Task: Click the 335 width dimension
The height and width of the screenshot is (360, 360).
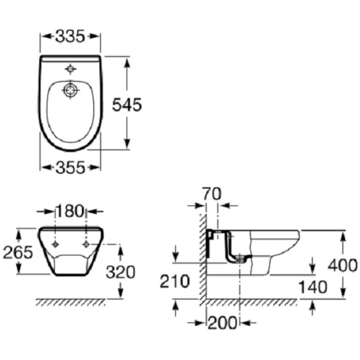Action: [x=70, y=36]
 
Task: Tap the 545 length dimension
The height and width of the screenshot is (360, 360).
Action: [x=127, y=105]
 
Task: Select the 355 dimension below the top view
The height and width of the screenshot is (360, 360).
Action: [x=70, y=167]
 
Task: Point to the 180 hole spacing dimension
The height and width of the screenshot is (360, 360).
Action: [x=70, y=211]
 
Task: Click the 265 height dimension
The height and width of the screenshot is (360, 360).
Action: [x=18, y=252]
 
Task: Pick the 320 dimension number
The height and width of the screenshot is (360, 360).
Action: [x=121, y=272]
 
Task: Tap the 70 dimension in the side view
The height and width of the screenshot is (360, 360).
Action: [x=212, y=194]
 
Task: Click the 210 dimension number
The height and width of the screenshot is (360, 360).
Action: [x=175, y=281]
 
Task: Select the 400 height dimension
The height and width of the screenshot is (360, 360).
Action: [x=342, y=265]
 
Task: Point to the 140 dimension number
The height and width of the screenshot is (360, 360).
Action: [x=313, y=287]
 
